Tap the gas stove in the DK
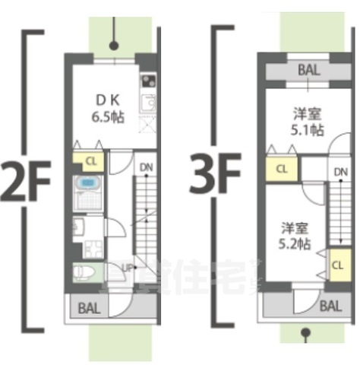pos(147,81)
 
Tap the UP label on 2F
pos(129,268)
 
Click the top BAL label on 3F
pos(309,69)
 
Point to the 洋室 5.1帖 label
pos(307,122)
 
